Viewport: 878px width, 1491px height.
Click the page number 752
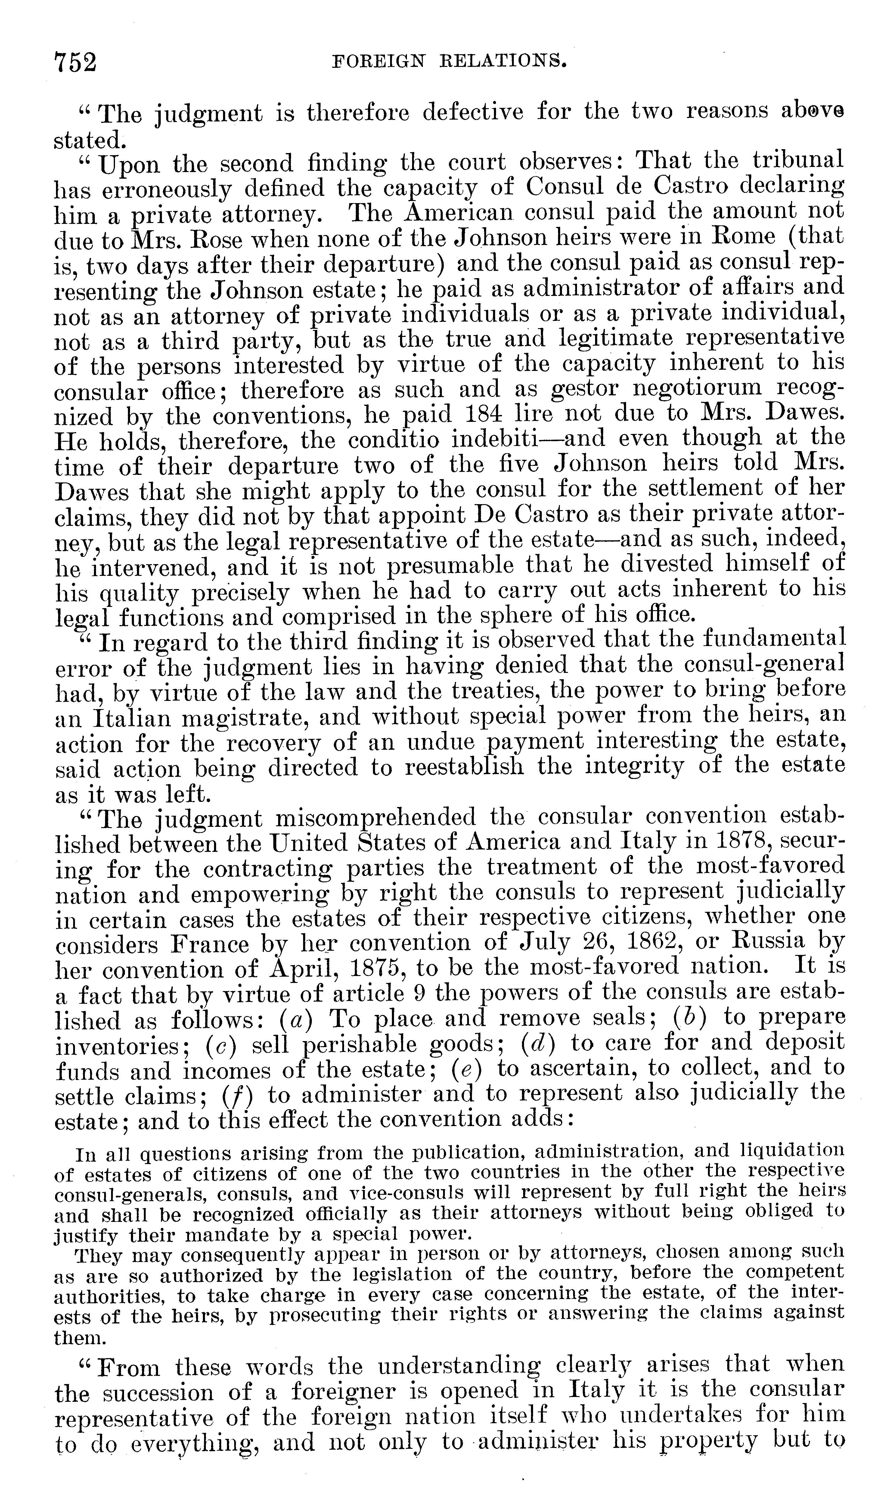point(75,61)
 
